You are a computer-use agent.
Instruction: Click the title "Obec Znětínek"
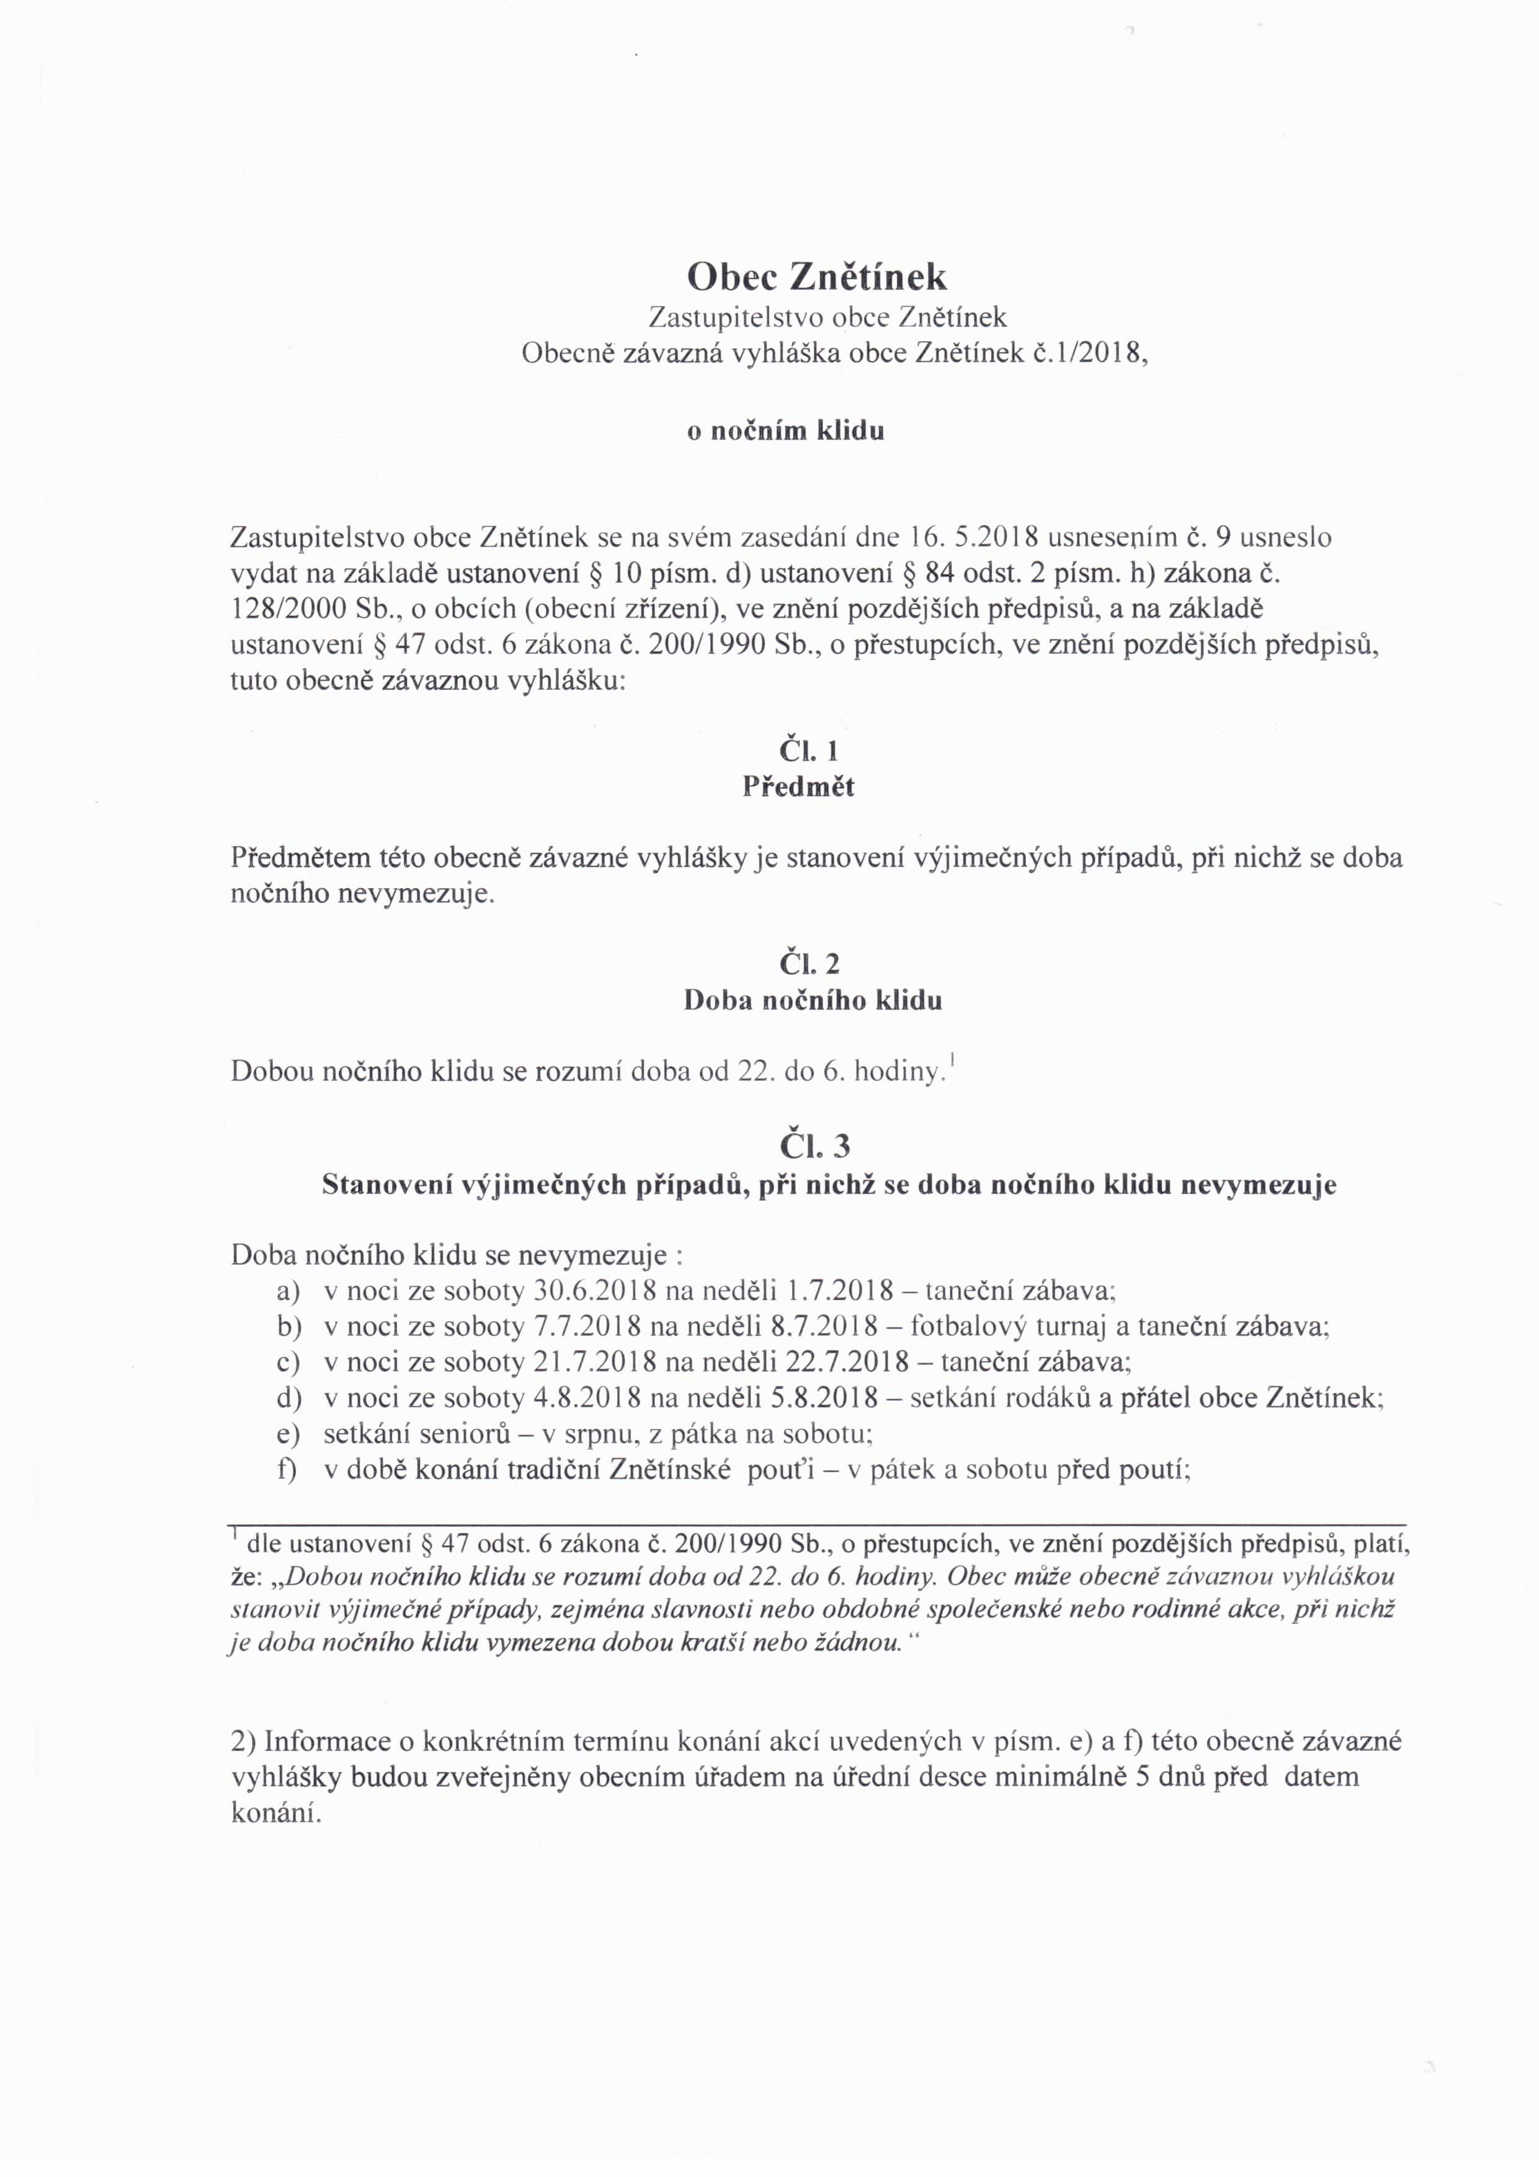pos(816,276)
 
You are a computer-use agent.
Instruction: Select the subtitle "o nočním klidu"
pos(785,432)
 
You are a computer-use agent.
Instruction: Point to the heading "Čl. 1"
pos(809,751)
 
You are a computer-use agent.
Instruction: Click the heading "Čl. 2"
pos(809,964)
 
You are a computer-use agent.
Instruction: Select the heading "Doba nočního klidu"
pos(813,1001)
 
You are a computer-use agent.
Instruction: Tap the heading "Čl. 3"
pos(814,1147)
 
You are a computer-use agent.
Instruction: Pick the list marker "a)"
pos(288,1291)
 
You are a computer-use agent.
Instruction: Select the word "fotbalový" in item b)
pos(968,1327)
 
